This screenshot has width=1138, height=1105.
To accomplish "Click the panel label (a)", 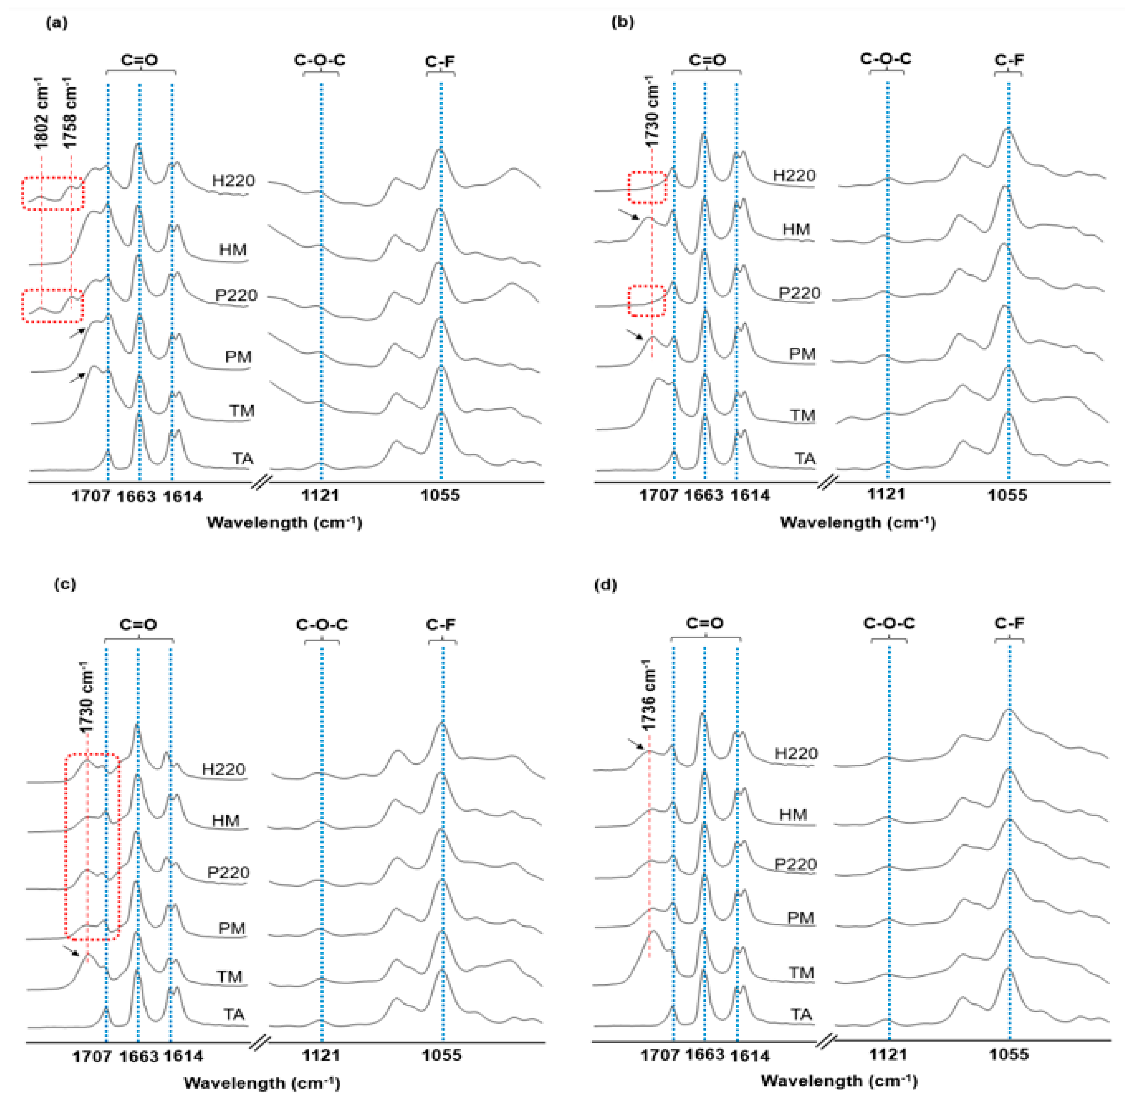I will point(56,23).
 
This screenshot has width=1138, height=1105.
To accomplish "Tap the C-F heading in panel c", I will point(441,625).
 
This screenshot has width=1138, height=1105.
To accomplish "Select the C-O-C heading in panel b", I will point(886,59).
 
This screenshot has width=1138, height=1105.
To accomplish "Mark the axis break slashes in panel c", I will point(260,1043).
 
